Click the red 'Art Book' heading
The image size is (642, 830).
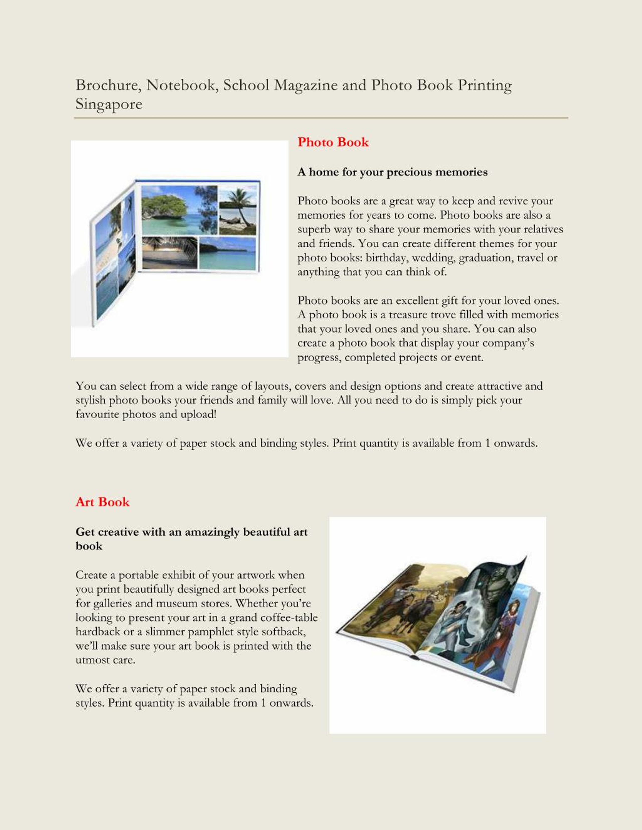point(102,502)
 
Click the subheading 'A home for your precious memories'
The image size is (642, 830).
point(392,172)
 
